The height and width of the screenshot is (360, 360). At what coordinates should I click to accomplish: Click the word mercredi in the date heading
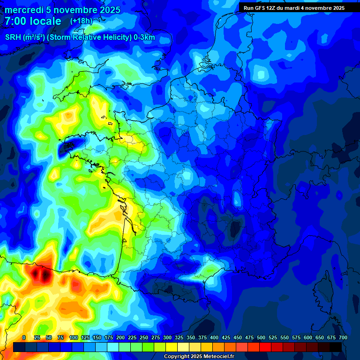pyautogui.click(x=24, y=10)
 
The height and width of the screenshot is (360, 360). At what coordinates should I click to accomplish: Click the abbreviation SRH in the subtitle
pyautogui.click(x=13, y=37)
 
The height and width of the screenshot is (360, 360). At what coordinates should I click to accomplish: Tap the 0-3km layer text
pyautogui.click(x=144, y=37)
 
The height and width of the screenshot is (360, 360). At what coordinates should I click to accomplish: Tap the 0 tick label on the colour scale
pyautogui.click(x=24, y=337)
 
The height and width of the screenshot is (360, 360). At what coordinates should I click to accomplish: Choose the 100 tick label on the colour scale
pyautogui.click(x=73, y=337)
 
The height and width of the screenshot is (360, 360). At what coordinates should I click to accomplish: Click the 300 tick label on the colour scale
pyautogui.click(x=167, y=337)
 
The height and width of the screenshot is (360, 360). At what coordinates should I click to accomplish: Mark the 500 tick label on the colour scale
pyautogui.click(x=261, y=337)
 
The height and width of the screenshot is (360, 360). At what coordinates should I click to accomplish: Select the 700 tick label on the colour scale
pyautogui.click(x=343, y=337)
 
